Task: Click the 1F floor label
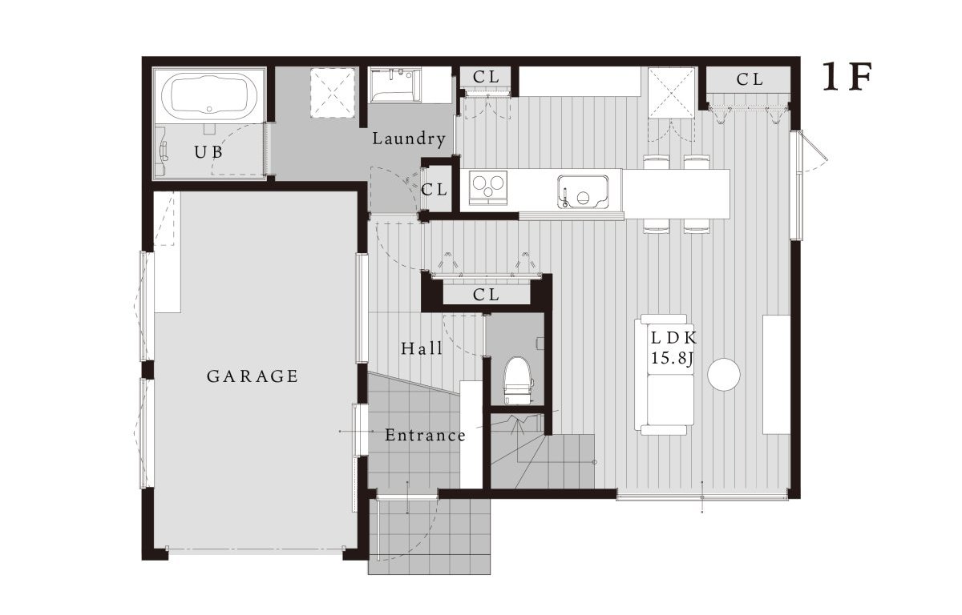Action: [x=847, y=77]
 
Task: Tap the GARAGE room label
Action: [x=253, y=376]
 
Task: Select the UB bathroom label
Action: [x=208, y=152]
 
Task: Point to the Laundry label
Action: [x=409, y=139]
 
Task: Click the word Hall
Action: [x=422, y=348]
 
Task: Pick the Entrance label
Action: [x=425, y=436]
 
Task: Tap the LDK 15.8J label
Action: [x=673, y=348]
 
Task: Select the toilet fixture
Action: [x=518, y=381]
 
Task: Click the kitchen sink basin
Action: [x=583, y=191]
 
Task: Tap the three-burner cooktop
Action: [x=488, y=187]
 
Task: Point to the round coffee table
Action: [x=724, y=375]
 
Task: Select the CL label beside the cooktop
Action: [x=435, y=190]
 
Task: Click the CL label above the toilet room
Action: [x=486, y=295]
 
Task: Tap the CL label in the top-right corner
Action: [x=750, y=79]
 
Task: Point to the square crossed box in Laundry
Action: [x=333, y=92]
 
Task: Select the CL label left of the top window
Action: [x=486, y=77]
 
